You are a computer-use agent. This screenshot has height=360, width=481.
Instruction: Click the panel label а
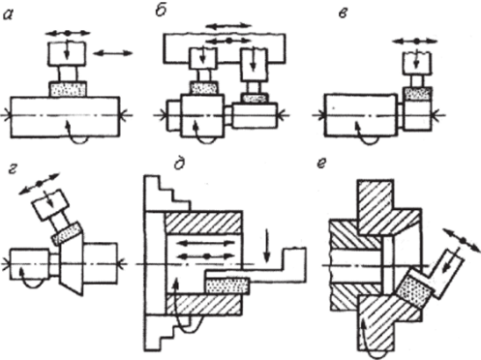point(8,15)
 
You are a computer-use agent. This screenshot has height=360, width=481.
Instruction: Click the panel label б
point(161,12)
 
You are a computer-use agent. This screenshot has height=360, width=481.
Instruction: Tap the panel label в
point(343,14)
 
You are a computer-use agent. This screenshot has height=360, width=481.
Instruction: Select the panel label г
point(13,169)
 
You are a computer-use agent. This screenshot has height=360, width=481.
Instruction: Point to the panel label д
point(179,164)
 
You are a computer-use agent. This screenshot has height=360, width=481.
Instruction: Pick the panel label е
point(322,164)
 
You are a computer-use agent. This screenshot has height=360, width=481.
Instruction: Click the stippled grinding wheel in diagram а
point(68,89)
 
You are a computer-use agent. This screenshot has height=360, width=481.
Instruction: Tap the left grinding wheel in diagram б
point(203,87)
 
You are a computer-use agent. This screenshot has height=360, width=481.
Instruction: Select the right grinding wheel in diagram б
point(254,98)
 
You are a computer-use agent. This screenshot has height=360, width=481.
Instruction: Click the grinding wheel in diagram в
point(418,93)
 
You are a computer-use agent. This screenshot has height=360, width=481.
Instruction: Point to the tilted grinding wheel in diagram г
point(67,233)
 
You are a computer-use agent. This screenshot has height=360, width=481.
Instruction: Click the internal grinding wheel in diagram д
point(226,286)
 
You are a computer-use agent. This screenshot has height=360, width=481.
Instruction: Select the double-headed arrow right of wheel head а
point(112,53)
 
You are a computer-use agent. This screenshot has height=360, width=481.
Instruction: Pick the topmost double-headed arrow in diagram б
point(228,26)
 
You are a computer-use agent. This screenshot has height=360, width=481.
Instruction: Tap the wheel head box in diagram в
point(417,63)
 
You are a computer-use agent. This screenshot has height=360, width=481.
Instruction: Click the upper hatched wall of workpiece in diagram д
point(203,223)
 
